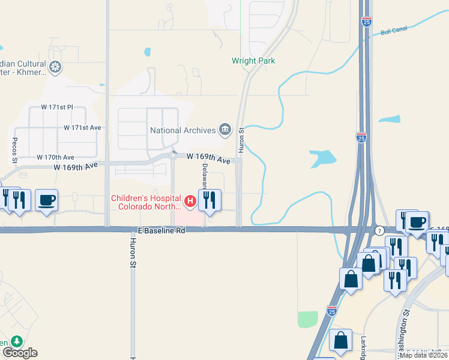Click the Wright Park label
click(x=253, y=61)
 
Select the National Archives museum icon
click(x=225, y=130)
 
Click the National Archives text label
click(x=182, y=130)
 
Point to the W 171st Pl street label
click(x=56, y=107)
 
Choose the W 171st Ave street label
click(x=83, y=128)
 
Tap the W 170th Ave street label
click(x=55, y=157)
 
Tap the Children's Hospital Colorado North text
click(x=146, y=202)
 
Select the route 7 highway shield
click(x=379, y=230)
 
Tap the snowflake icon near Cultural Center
click(x=55, y=67)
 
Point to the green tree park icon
click(x=16, y=342)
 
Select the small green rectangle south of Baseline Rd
click(x=307, y=319)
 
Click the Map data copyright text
click(x=423, y=355)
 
